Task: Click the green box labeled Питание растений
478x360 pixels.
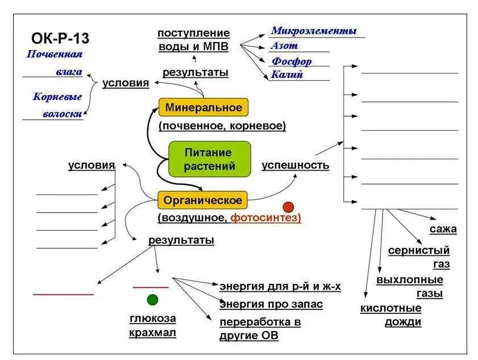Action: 210,160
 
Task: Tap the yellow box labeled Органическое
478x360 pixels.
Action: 202,200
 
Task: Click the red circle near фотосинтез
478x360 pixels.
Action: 289,207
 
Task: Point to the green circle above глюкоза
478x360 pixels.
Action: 152,300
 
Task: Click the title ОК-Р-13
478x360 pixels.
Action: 60,38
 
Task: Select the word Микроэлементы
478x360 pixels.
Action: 314,31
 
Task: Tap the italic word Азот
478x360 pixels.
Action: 284,46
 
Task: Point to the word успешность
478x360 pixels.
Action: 295,165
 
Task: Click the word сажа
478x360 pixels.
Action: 443,229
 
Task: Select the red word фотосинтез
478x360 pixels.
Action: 266,218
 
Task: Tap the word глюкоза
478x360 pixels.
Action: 152,318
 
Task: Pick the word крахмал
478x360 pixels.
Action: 152,333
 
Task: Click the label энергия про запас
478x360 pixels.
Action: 271,304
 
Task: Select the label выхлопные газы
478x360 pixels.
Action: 410,287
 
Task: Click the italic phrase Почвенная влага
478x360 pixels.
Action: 55,63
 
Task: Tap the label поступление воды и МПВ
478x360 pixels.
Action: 193,40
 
